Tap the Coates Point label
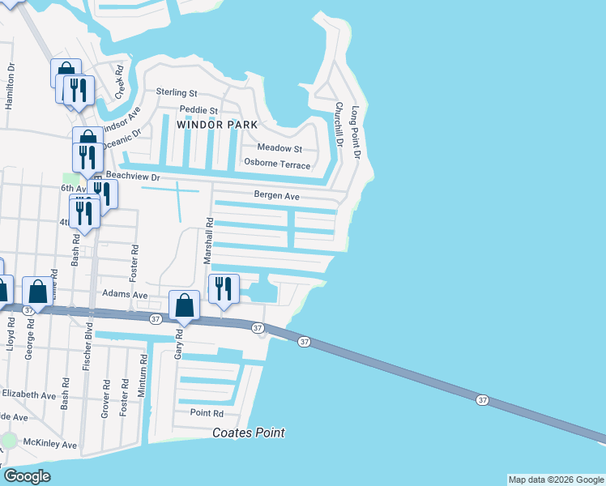(x=249, y=433)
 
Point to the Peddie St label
(x=198, y=110)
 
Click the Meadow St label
(x=280, y=148)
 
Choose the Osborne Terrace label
(x=277, y=164)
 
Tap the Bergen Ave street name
(x=277, y=195)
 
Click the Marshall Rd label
(x=209, y=239)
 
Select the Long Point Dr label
(x=355, y=128)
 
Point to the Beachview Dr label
(x=134, y=176)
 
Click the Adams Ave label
(x=124, y=295)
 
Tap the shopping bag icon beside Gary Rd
(x=185, y=306)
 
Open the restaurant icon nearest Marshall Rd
(x=224, y=288)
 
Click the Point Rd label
(x=207, y=412)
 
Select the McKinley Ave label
(x=49, y=445)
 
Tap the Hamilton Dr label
(x=10, y=87)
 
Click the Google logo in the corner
(x=27, y=476)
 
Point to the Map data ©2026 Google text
(x=555, y=480)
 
